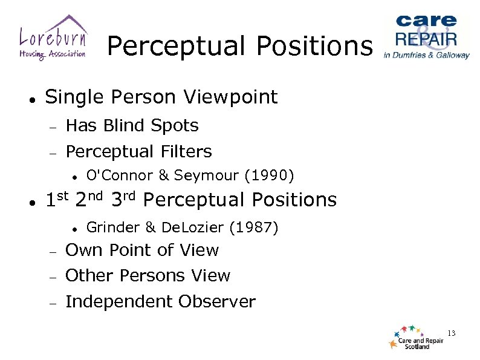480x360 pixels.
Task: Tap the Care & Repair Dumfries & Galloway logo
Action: tap(426, 36)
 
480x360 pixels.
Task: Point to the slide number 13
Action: tap(451, 333)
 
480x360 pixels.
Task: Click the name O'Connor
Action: tap(119, 175)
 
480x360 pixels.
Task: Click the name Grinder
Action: tap(113, 227)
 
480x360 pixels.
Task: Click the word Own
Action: tap(82, 250)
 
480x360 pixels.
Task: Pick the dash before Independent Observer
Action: tap(53, 303)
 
